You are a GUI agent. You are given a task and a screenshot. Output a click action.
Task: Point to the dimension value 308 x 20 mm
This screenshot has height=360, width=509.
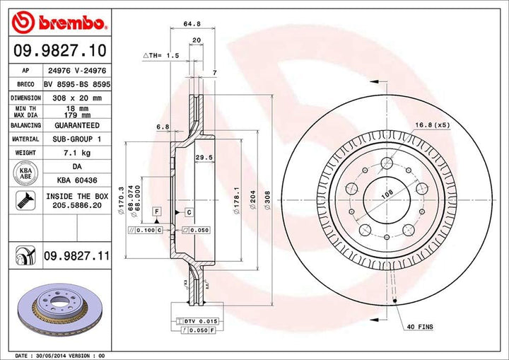[x=77, y=98]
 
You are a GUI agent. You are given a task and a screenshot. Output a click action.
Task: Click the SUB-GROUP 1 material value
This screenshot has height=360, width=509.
[x=77, y=139]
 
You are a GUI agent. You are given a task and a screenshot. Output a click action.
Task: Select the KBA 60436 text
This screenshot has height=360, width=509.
[x=76, y=180]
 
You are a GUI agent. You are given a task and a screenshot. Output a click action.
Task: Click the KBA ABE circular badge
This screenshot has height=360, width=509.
[x=25, y=173]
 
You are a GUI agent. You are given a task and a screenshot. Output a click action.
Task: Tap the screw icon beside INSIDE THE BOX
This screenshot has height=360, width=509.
[x=25, y=201]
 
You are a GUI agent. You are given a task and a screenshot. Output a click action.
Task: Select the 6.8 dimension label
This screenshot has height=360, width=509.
[x=162, y=127]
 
